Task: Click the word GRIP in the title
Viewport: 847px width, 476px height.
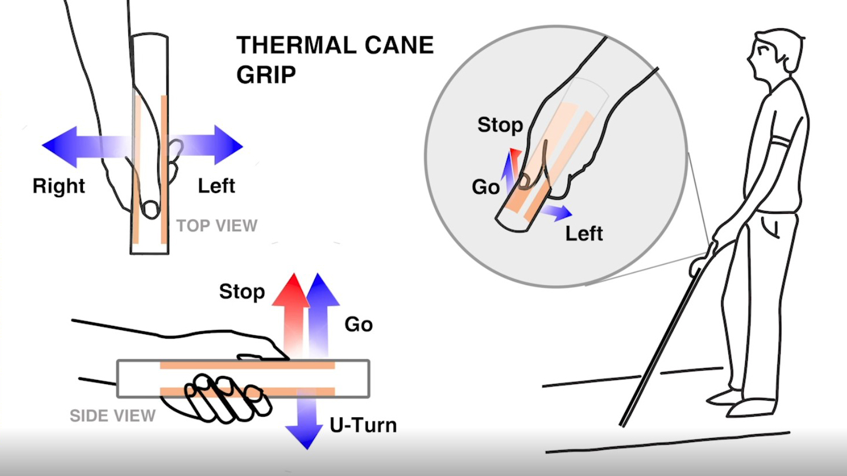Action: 266,75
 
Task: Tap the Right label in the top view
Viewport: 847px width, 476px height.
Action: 59,186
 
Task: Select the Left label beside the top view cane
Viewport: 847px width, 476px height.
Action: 217,186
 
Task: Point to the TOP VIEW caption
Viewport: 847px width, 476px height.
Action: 217,225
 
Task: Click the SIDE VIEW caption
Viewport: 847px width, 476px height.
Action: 112,416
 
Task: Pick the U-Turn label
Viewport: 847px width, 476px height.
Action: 363,425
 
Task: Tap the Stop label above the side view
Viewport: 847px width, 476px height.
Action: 242,291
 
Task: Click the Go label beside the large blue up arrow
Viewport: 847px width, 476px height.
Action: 358,324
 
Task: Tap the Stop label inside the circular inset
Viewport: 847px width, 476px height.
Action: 500,125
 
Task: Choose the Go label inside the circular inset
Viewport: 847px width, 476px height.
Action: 485,187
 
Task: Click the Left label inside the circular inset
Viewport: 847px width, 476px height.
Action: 584,233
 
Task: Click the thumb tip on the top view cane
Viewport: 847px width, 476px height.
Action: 151,209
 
